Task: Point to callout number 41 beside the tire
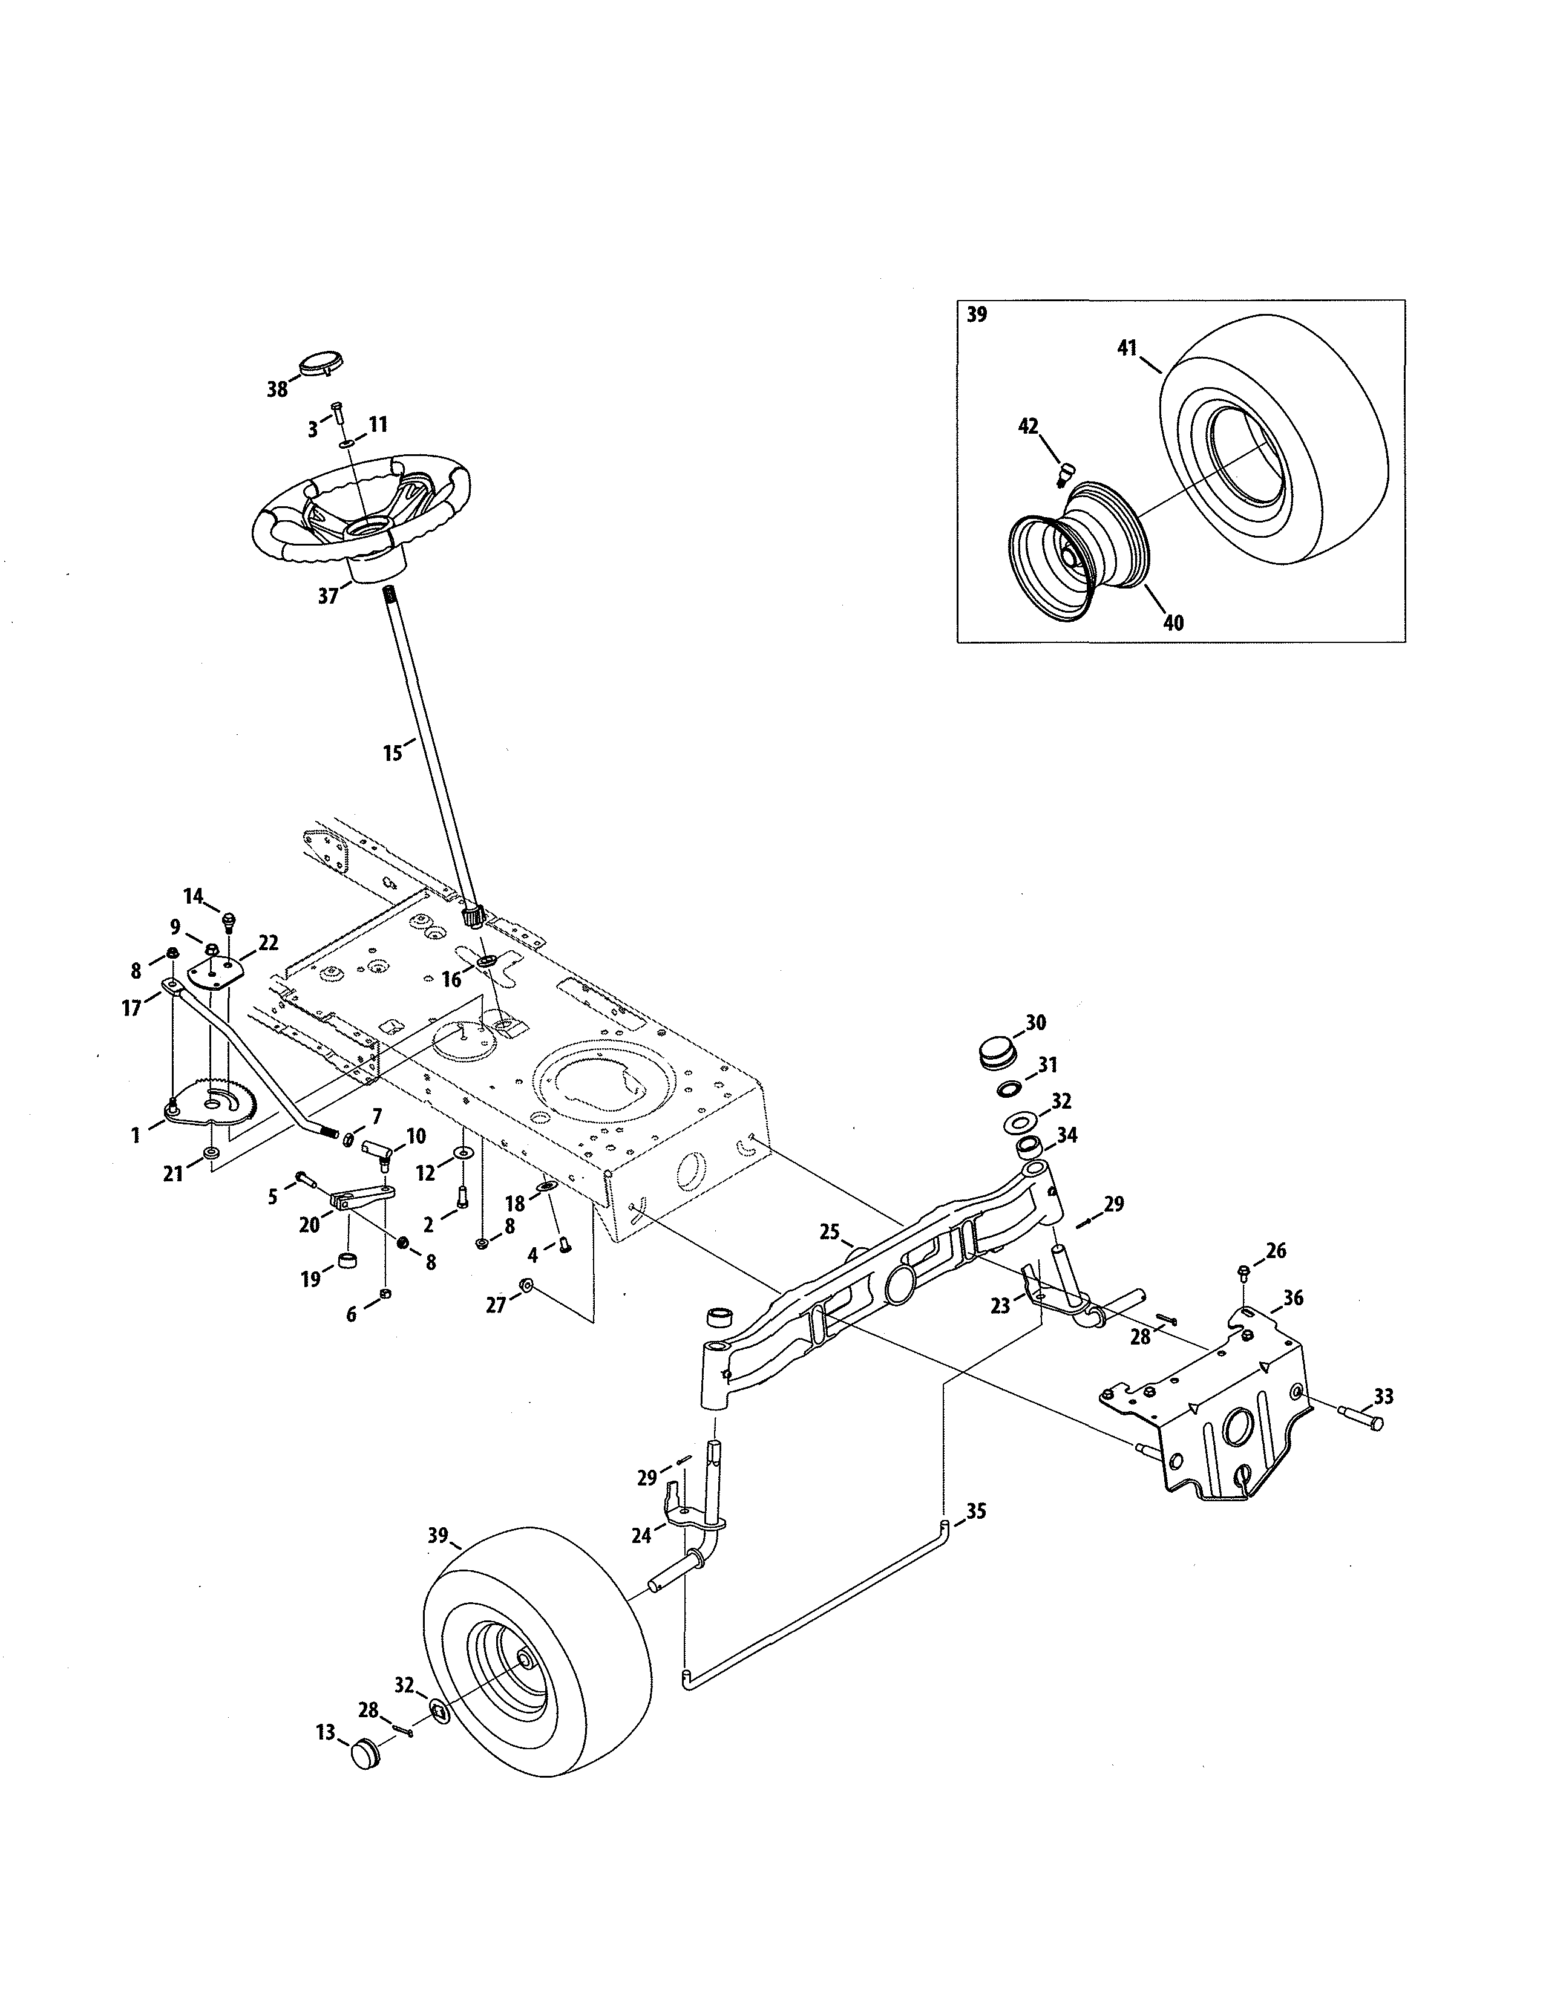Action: [1126, 347]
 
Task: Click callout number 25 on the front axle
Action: [829, 1232]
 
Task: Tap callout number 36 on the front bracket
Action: [1294, 1298]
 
